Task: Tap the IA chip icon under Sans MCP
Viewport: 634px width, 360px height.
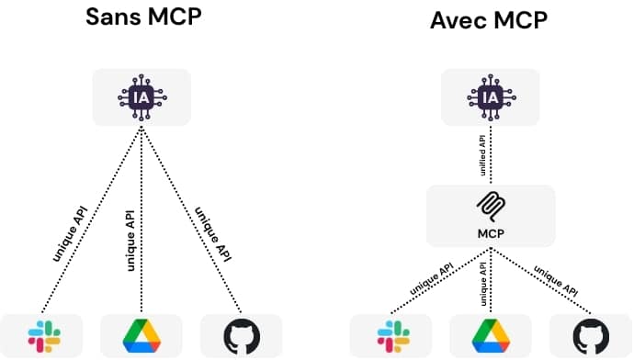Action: click(x=141, y=96)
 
